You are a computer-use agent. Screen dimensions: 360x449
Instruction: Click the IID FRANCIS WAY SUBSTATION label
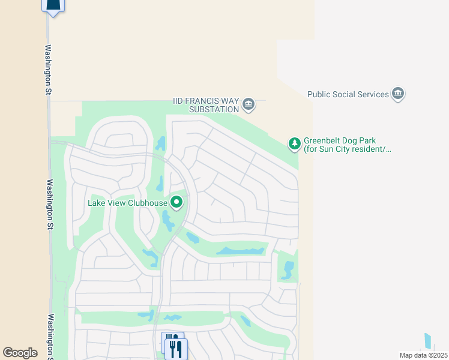205,105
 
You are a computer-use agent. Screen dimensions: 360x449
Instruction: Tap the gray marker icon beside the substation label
249,105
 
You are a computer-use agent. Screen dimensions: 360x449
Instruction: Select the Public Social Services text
348,94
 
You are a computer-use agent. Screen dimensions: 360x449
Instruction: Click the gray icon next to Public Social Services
397,94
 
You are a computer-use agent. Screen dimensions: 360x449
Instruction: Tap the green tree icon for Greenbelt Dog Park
294,143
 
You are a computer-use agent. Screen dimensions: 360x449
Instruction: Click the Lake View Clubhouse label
127,202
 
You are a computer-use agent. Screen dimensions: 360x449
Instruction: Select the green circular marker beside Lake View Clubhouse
176,202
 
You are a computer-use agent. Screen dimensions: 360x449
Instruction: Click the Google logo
20,353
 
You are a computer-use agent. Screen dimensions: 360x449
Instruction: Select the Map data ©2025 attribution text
423,355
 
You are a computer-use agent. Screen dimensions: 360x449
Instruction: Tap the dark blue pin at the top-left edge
53,6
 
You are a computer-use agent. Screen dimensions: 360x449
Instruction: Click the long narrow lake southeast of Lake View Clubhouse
241,250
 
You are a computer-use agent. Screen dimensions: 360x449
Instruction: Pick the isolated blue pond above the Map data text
428,341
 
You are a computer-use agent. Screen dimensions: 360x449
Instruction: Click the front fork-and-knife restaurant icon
176,349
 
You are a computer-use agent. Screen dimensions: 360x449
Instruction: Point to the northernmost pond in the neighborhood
161,144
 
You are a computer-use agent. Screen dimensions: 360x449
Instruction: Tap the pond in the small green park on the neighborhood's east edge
288,269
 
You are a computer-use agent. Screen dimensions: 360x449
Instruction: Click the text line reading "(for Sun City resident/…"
347,149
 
